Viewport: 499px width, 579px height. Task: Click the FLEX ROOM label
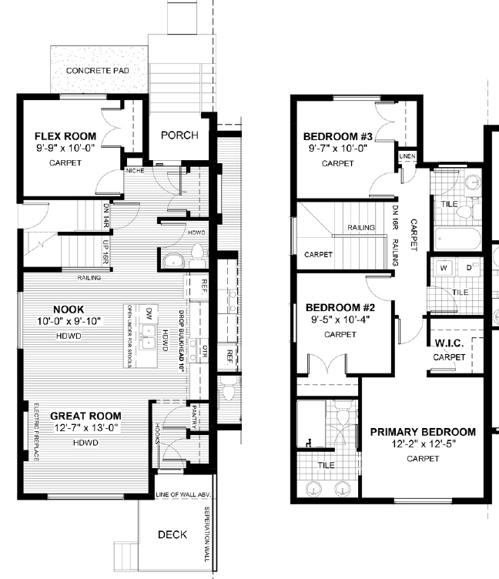click(x=65, y=135)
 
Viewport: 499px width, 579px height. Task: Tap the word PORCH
click(x=179, y=136)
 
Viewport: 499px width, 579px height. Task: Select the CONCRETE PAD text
click(x=97, y=71)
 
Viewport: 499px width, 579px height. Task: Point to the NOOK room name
click(x=68, y=310)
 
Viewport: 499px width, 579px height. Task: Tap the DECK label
click(x=172, y=535)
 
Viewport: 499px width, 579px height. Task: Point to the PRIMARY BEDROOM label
click(x=423, y=432)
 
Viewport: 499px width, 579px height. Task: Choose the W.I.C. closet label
click(x=449, y=343)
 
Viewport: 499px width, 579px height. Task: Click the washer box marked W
click(x=444, y=269)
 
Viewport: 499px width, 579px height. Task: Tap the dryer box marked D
click(x=469, y=269)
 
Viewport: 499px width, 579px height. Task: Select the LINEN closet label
click(x=407, y=157)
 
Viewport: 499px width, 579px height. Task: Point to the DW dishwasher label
click(x=149, y=312)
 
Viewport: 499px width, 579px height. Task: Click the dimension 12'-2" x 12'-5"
click(x=423, y=445)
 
